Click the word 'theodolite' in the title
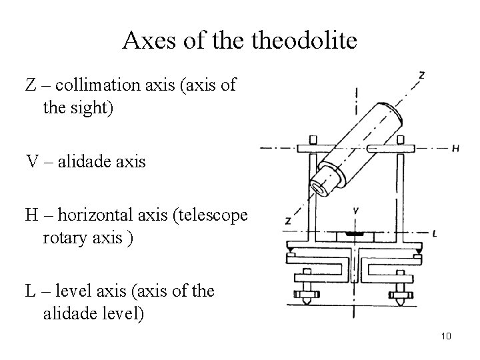313,41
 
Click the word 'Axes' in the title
145,41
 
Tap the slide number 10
446,336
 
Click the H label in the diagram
455,149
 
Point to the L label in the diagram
434,233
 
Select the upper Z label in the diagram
421,75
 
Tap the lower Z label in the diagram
288,220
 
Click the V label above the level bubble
357,211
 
